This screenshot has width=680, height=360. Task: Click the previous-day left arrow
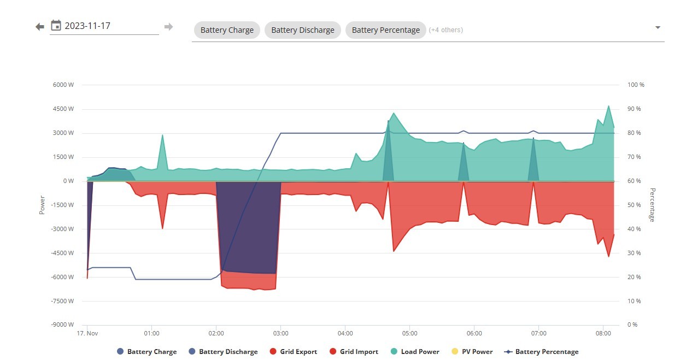[x=40, y=27]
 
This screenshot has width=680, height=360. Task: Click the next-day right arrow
[x=168, y=27]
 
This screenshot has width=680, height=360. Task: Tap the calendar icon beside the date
[x=56, y=26]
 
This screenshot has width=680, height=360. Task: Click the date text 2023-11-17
[x=87, y=26]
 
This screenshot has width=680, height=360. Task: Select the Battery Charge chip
[x=227, y=30]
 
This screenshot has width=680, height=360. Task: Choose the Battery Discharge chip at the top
[x=303, y=30]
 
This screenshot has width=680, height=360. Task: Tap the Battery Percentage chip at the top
[x=386, y=30]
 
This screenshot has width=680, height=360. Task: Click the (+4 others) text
[x=445, y=30]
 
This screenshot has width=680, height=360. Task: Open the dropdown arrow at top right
[x=658, y=28]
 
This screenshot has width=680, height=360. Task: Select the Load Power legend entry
[x=415, y=351]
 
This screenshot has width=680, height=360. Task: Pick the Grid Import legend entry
[x=354, y=351]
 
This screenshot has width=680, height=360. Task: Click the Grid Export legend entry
[x=294, y=351]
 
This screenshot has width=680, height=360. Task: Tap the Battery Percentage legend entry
[x=541, y=351]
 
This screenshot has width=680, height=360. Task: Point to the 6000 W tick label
[x=63, y=85]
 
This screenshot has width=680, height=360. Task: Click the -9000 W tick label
[x=62, y=325]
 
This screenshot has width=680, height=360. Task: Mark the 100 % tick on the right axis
[x=636, y=85]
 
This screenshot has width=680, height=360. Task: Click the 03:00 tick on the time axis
[x=280, y=333]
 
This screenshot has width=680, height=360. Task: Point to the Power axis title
[x=42, y=205]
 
